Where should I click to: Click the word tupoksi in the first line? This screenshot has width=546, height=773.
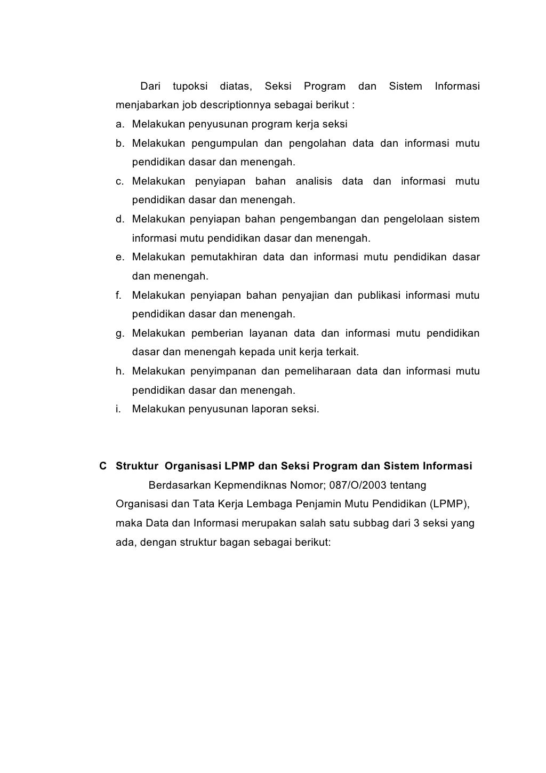point(190,86)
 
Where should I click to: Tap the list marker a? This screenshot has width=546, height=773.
point(121,124)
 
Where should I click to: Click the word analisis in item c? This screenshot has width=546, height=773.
point(314,181)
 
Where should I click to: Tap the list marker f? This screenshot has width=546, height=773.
point(119,295)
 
